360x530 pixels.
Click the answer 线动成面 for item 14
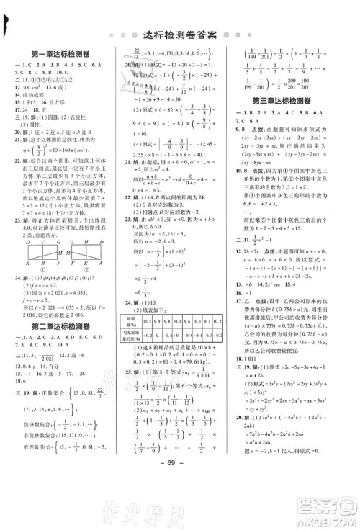[x=36, y=114]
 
